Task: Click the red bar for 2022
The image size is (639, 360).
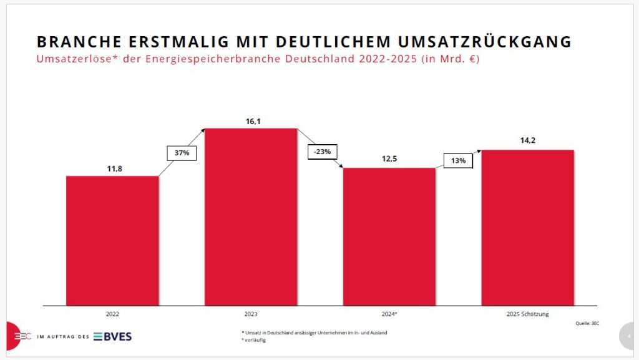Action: (112, 240)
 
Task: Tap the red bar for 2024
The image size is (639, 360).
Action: (389, 236)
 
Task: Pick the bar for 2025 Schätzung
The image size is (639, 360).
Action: (528, 227)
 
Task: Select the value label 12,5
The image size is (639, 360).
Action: (389, 159)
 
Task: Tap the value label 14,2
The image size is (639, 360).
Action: (528, 141)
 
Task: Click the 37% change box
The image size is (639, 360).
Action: (182, 153)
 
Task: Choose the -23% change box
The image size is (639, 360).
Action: (322, 152)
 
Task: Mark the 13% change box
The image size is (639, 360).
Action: (459, 160)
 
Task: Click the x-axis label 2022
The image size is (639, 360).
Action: (112, 314)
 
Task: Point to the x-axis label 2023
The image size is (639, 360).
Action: (251, 314)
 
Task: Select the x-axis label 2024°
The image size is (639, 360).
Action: (389, 314)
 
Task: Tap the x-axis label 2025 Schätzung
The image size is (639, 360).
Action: (528, 314)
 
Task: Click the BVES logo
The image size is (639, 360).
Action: (113, 337)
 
